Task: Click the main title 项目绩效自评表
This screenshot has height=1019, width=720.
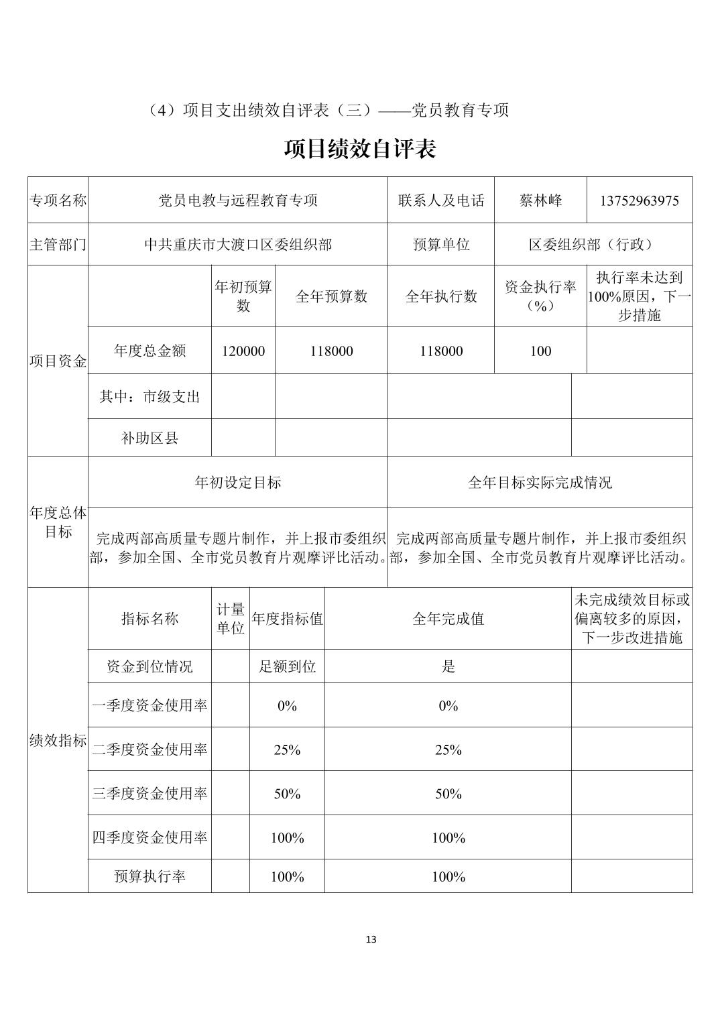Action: [360, 149]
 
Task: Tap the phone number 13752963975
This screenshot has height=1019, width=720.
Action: [639, 200]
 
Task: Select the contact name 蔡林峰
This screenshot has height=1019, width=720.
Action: [540, 200]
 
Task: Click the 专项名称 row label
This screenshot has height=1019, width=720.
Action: [58, 200]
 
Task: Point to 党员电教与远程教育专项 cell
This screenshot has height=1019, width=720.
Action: [237, 200]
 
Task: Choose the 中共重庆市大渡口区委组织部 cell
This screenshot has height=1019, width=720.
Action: [237, 245]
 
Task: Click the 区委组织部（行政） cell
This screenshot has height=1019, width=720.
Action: [593, 245]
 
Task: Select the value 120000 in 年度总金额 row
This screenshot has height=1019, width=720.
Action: [243, 351]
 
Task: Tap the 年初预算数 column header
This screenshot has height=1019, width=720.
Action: [243, 296]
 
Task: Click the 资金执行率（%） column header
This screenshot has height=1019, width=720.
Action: [540, 296]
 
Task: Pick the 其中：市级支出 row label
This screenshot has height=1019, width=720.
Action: [149, 397]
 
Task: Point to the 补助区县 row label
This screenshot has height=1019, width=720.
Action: [149, 438]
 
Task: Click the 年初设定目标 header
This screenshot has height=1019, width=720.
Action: [237, 482]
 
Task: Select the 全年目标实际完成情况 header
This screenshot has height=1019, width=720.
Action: [540, 482]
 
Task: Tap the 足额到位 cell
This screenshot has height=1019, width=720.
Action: [287, 666]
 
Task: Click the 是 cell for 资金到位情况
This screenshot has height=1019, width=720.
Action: [448, 666]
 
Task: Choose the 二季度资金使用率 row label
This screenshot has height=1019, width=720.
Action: [149, 750]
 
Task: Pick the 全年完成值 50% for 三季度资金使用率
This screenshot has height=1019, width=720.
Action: [448, 794]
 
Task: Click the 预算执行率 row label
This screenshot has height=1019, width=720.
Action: [149, 877]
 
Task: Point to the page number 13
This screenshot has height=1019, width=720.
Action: [371, 939]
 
